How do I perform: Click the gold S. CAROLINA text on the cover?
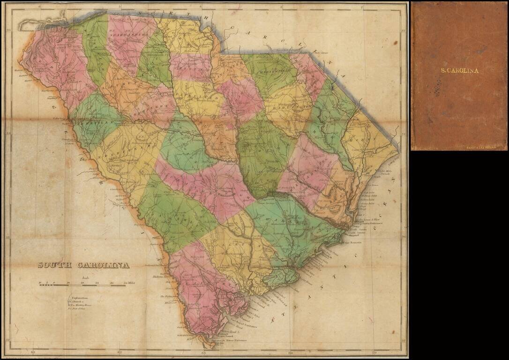coord(459,71)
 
